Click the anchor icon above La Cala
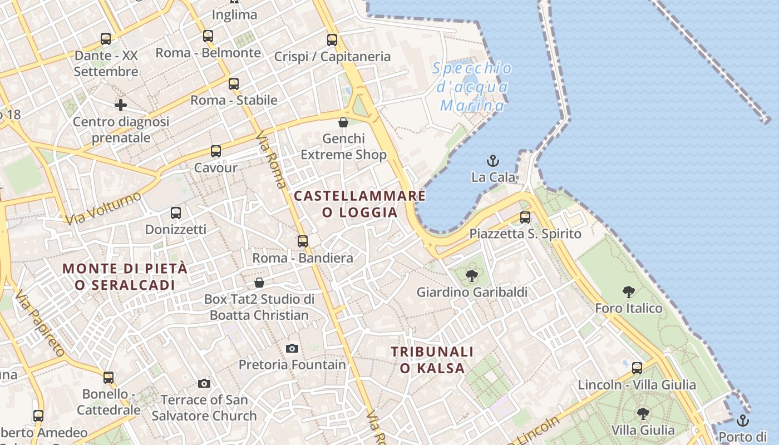pos(492,161)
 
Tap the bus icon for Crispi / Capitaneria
pos(332,40)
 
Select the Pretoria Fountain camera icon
pos(292,349)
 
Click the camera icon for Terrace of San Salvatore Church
pos(204,383)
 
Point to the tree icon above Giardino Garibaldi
pos(472,275)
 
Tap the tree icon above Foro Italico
pos(629,291)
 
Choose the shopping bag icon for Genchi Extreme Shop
pos(343,122)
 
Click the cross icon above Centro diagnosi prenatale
pos(121,105)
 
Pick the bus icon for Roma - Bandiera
pos(303,241)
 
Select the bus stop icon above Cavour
pos(215,151)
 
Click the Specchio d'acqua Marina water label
pos(472,87)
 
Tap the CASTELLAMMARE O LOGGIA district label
pos(360,204)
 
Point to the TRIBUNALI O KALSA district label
pos(432,359)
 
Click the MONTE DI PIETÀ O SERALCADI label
pos(125,276)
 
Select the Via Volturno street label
pos(103,208)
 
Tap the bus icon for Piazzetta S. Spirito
pos(525,217)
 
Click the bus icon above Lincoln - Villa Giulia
pos(637,368)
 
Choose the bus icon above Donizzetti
pos(176,213)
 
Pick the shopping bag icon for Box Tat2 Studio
pos(259,283)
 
